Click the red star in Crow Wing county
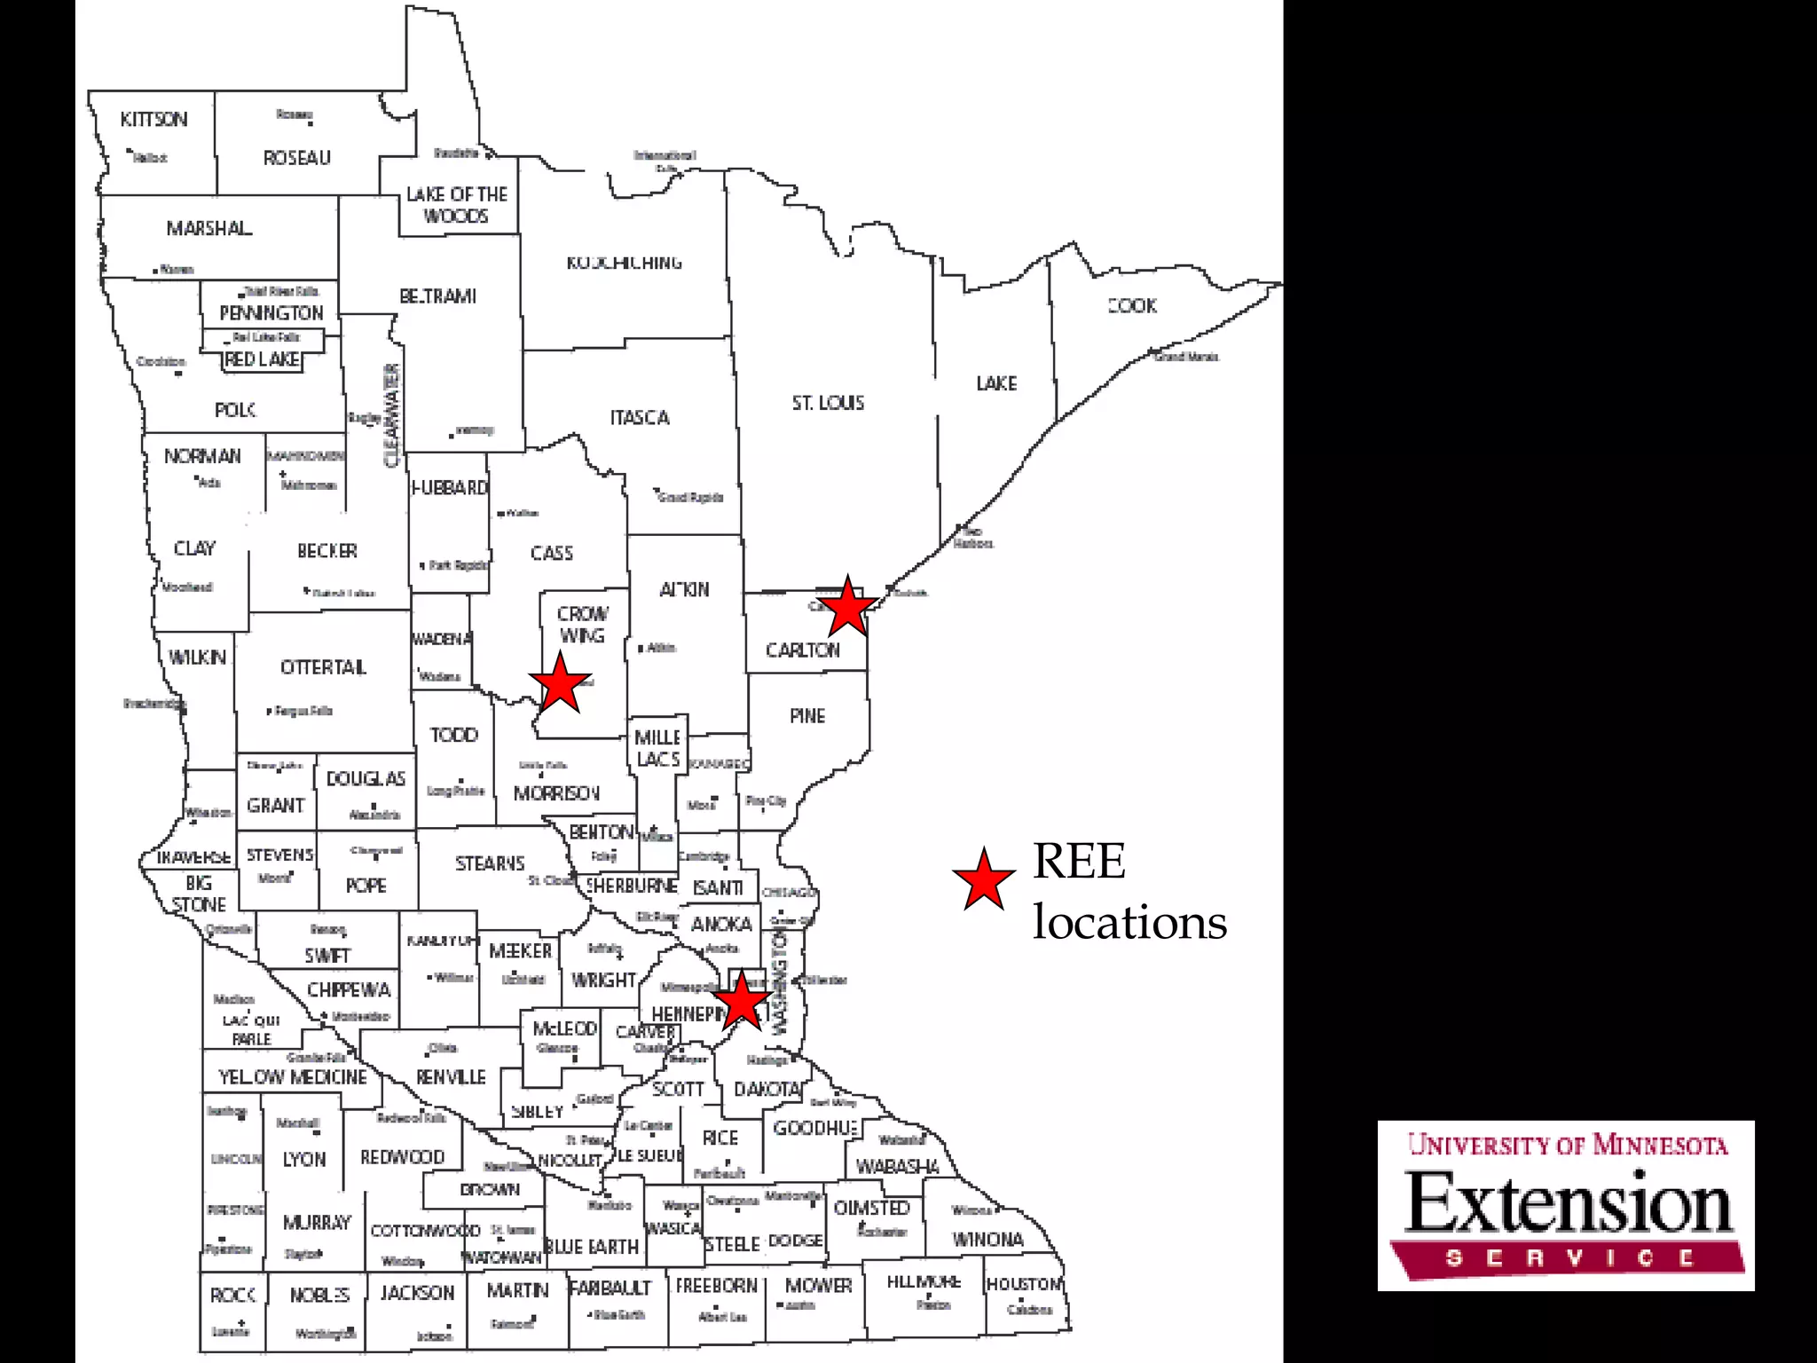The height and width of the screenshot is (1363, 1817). click(560, 682)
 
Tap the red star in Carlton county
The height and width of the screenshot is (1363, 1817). click(848, 606)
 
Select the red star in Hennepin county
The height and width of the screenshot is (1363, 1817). click(742, 1002)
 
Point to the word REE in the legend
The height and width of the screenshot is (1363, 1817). click(1079, 861)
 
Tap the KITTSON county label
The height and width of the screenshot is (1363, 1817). click(154, 120)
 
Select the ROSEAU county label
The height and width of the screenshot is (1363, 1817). click(296, 158)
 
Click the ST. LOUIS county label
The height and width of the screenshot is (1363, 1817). click(828, 403)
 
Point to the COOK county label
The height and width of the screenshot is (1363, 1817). click(1133, 306)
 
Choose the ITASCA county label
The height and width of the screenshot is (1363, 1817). click(640, 418)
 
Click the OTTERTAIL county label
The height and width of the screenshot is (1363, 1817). click(323, 667)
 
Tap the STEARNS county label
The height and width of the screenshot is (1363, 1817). click(490, 863)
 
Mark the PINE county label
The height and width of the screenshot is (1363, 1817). click(807, 716)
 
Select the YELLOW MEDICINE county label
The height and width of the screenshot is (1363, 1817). click(293, 1077)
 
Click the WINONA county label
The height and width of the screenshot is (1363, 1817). click(987, 1240)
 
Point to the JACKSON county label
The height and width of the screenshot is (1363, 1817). click(417, 1293)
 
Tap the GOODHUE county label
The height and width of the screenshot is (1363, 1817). click(815, 1128)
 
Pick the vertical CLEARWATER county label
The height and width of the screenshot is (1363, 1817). click(391, 415)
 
